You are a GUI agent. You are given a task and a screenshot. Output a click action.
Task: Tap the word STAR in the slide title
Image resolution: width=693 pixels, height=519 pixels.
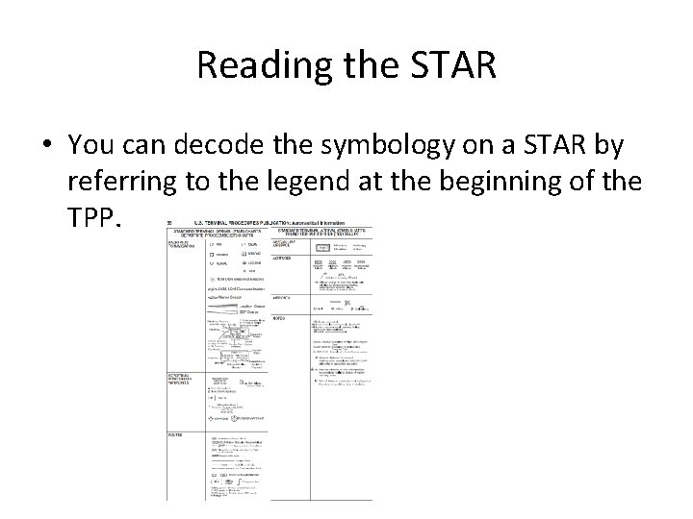[x=449, y=64]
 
